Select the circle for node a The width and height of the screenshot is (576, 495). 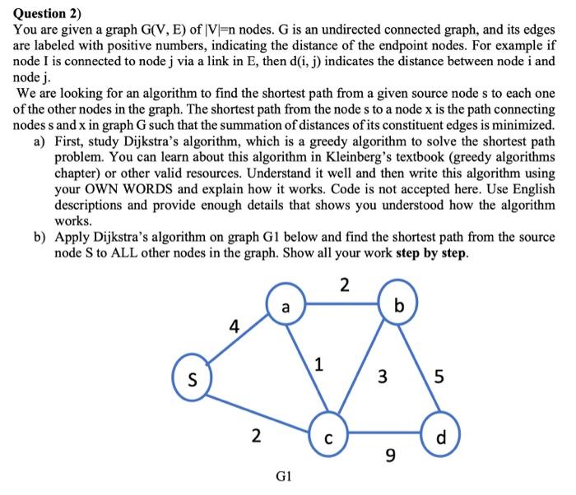(285, 308)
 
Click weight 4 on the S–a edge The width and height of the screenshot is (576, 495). (234, 326)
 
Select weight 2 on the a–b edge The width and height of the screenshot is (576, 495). (344, 285)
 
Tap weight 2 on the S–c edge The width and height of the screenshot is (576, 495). (256, 435)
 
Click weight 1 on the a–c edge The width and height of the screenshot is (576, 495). (319, 363)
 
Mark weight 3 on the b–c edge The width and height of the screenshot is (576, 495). (381, 377)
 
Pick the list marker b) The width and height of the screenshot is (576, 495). (40, 238)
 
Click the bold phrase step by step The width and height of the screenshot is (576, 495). (432, 252)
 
